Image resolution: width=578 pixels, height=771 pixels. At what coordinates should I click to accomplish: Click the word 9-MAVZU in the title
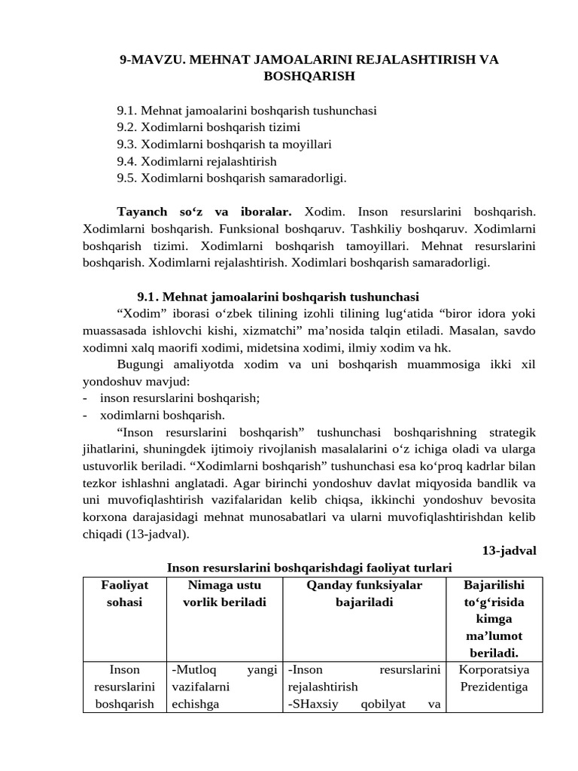149,59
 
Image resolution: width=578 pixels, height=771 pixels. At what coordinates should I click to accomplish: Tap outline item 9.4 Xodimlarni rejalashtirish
196,161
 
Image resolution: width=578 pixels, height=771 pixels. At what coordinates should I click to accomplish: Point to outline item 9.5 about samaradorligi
231,178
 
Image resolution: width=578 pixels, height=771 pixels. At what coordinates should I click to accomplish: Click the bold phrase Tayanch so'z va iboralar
204,212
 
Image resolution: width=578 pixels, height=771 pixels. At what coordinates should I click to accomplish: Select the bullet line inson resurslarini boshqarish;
179,398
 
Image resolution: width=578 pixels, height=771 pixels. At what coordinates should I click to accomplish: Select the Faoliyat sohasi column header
125,593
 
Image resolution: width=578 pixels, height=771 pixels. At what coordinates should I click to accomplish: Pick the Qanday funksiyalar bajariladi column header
364,593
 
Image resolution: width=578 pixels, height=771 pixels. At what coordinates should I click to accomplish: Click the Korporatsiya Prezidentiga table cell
494,678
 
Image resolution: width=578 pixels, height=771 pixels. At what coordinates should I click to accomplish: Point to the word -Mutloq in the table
191,669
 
